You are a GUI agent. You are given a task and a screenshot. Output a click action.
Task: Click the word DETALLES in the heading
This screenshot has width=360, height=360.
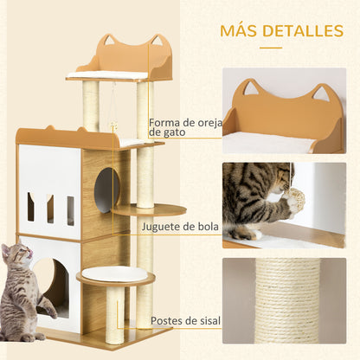click(303, 31)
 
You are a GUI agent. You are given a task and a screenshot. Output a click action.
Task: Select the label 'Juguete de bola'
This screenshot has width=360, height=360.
click(183, 227)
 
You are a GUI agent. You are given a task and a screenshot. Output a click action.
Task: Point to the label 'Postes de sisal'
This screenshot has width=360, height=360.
click(184, 321)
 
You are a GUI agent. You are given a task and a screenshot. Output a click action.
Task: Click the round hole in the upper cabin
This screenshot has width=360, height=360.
click(106, 189)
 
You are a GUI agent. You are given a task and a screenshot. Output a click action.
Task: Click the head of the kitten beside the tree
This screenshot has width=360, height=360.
click(15, 256)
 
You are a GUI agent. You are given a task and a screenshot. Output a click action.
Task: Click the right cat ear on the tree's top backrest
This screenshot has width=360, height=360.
click(157, 42)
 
